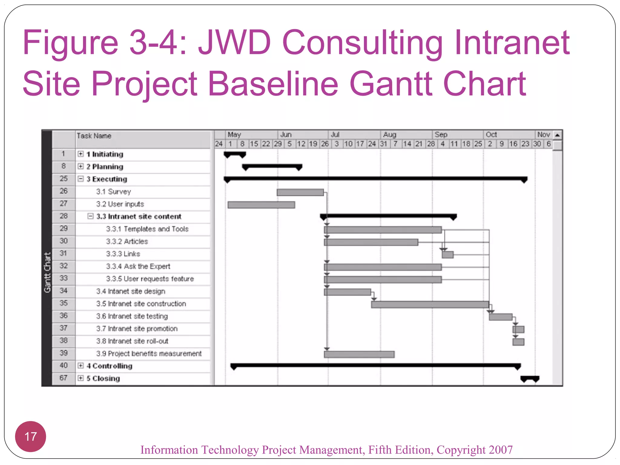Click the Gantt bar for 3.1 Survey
click(x=300, y=193)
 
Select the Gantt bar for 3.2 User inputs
click(x=261, y=205)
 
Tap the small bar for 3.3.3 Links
click(x=448, y=255)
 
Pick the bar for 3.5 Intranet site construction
click(x=430, y=305)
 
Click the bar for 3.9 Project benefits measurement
click(x=359, y=355)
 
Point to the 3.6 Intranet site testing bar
click(x=500, y=317)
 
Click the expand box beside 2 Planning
click(x=81, y=166)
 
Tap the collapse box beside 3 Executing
click(x=81, y=179)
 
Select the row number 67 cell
click(x=64, y=378)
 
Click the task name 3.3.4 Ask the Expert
click(x=138, y=266)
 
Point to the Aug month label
click(x=390, y=135)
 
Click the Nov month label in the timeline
click(x=543, y=135)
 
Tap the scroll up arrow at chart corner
click(x=557, y=135)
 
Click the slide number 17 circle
click(x=31, y=437)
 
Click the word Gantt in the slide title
click(x=392, y=83)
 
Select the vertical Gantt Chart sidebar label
click(x=47, y=272)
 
